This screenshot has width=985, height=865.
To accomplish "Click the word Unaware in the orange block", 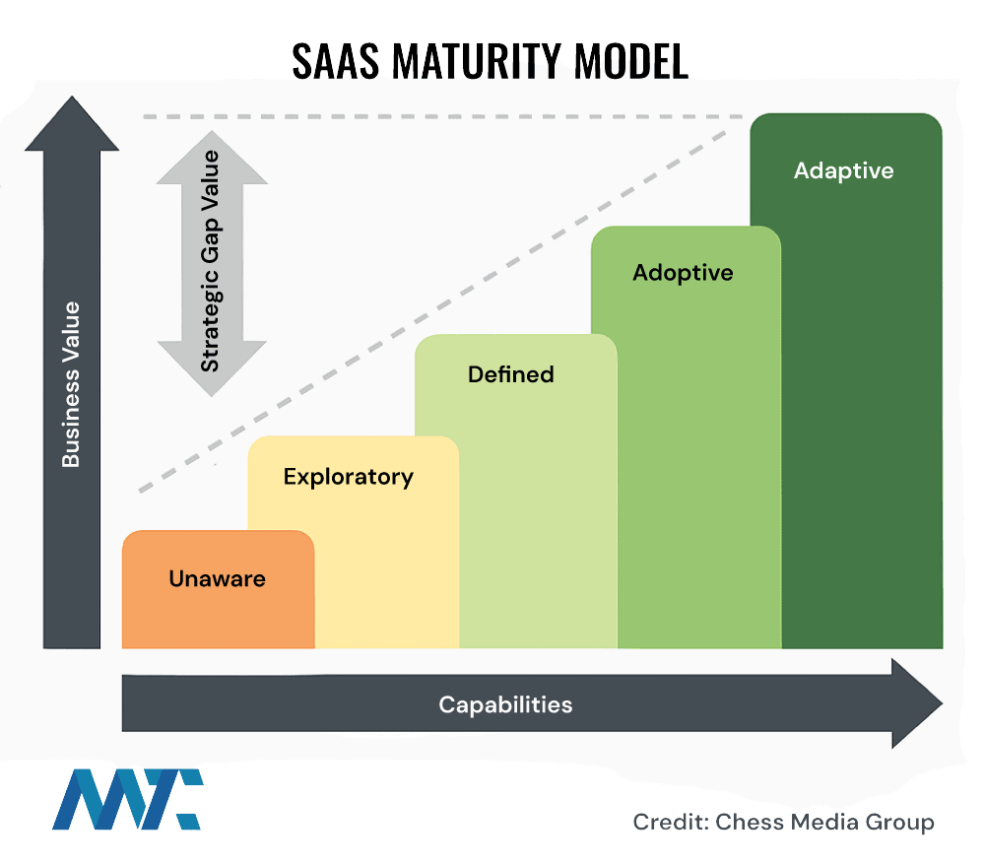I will point(217,578).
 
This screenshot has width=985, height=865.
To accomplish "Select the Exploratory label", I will point(348,477).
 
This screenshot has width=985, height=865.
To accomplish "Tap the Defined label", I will point(510,374).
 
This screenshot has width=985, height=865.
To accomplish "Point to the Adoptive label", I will point(683,272).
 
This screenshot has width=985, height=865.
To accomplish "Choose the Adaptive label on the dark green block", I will point(843,170).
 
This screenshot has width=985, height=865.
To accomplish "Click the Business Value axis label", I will point(71,384).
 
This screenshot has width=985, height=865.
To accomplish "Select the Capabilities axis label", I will point(505,704).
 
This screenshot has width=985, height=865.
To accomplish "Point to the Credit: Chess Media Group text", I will point(783,822).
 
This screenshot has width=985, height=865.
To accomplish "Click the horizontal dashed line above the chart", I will point(443,116).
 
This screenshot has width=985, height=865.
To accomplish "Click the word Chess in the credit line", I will point(749,822).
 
